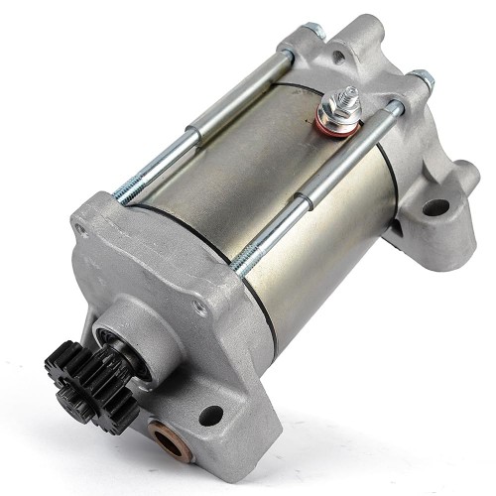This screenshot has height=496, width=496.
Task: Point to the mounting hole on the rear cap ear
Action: pyautogui.click(x=435, y=208)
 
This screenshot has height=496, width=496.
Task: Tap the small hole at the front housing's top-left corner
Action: pyautogui.click(x=79, y=229)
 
